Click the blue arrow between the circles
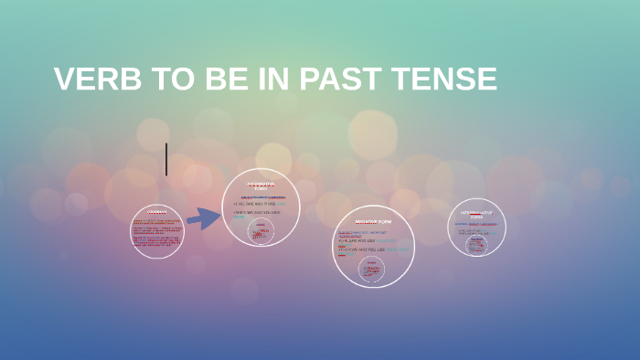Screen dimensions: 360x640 tap(203, 218)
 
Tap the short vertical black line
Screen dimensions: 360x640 tap(166, 159)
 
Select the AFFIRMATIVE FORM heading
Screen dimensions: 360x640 tap(261, 185)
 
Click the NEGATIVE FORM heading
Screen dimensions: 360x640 tap(373, 222)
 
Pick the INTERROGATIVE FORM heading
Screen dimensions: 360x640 tap(476, 215)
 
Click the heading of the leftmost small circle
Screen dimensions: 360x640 tap(157, 213)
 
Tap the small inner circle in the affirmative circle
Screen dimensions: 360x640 tap(261, 231)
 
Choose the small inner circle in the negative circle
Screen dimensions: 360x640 tap(372, 269)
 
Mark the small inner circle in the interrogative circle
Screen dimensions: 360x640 tap(476, 245)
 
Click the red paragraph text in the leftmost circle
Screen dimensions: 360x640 tap(157, 233)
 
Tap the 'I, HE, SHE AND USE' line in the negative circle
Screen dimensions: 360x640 tap(361, 240)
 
